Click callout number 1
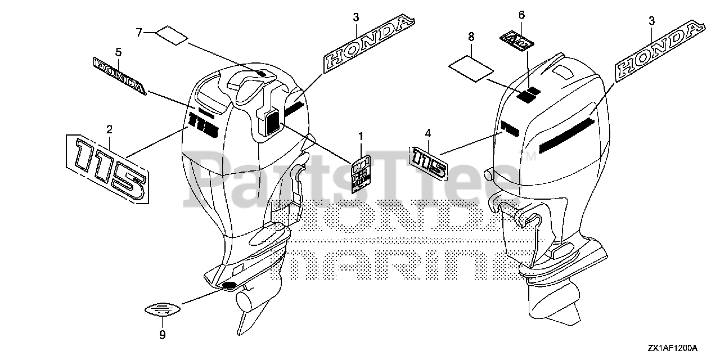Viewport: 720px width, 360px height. [361, 136]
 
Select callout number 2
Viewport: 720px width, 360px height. [109, 129]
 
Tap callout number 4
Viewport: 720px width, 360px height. [428, 133]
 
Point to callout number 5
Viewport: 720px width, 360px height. [118, 52]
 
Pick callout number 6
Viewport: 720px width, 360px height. [521, 14]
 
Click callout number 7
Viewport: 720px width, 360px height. [139, 32]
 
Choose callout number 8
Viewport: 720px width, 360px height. [471, 37]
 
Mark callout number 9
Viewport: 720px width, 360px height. [162, 336]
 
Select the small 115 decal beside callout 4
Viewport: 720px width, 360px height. [429, 163]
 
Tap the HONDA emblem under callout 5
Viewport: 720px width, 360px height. [119, 76]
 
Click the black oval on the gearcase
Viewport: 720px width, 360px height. [229, 286]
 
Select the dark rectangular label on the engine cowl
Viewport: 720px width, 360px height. [272, 121]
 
